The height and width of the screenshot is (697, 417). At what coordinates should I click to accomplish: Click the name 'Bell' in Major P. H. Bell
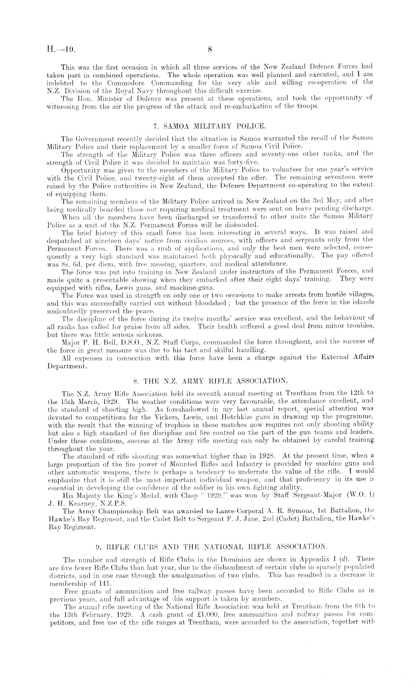113,342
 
